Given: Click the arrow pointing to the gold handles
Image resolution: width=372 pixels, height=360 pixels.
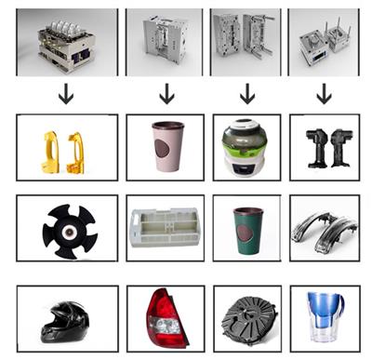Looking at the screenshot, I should tap(66, 94).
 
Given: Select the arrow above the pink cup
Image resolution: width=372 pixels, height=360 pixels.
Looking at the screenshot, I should tap(166, 94).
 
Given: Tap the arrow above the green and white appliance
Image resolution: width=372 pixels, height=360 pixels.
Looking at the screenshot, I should tap(246, 94).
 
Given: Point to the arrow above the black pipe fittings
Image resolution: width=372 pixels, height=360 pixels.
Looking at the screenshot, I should tap(324, 94).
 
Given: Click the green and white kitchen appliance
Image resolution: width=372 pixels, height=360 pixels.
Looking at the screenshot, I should tap(246, 147).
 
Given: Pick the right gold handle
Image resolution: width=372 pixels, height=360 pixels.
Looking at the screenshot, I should tap(79, 149).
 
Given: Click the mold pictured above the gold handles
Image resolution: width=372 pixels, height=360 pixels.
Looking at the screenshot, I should tap(65, 42).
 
